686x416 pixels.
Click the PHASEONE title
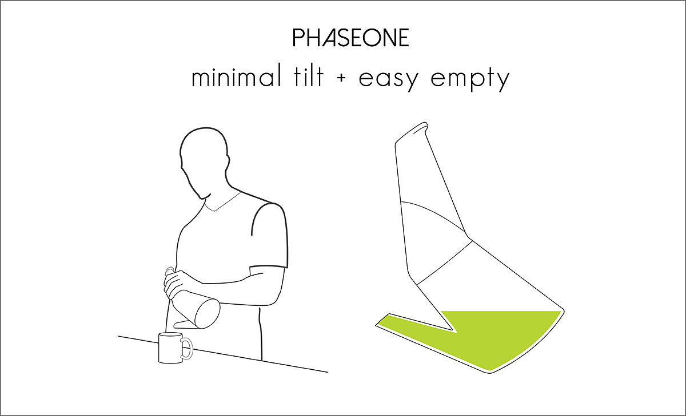point(350,38)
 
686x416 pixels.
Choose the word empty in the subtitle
point(470,79)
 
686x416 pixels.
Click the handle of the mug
point(188,348)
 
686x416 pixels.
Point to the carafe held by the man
point(196,309)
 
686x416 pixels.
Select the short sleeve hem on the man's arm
point(269,267)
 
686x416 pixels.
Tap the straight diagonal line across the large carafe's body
point(445,262)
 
